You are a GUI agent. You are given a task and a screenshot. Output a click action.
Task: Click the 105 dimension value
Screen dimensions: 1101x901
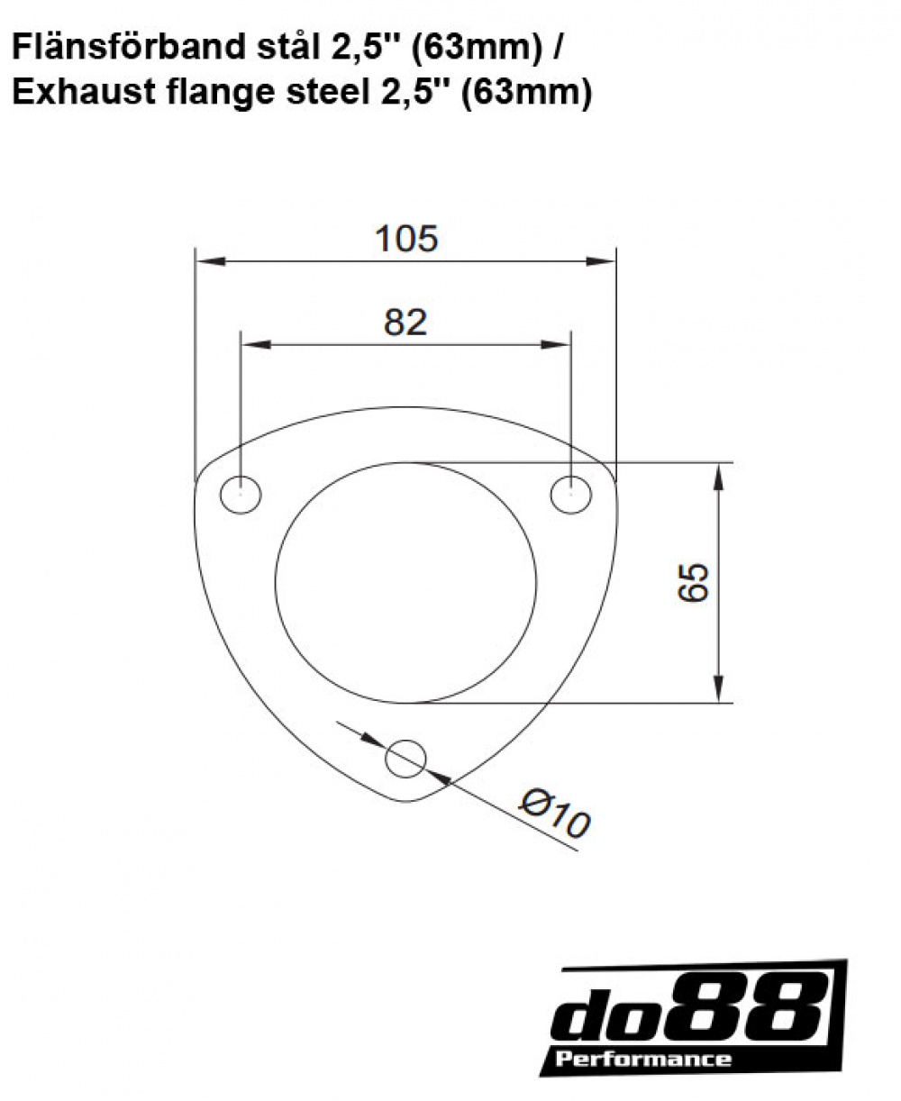(405, 239)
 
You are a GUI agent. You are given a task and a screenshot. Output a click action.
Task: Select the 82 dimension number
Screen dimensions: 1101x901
(405, 322)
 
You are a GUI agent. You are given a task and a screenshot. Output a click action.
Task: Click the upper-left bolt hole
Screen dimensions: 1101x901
(241, 495)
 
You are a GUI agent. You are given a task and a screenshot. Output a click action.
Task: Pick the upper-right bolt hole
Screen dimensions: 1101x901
(571, 495)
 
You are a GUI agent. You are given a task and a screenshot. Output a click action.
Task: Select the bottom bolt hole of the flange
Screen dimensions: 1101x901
(405, 759)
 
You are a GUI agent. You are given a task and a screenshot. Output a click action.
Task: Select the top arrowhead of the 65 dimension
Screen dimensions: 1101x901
(718, 478)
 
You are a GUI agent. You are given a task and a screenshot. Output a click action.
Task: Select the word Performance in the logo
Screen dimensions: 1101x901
(643, 1059)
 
